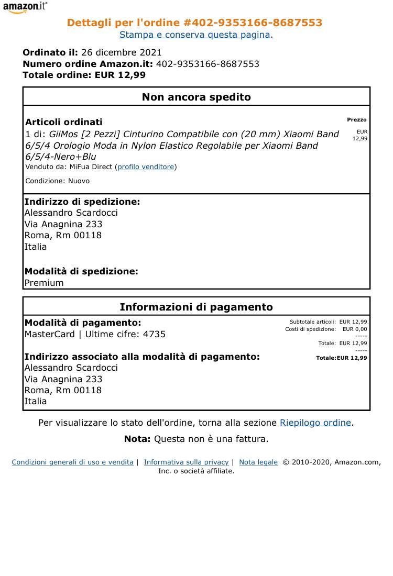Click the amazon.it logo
tap(25, 7)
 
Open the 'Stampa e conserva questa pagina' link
tap(196, 35)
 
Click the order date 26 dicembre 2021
tap(122, 52)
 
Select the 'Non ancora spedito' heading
tap(196, 97)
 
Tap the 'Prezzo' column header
tap(356, 120)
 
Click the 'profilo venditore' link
tap(146, 167)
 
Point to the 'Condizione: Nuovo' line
tap(58, 181)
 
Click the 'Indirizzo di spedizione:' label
tap(82, 202)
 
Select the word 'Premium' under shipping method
tap(44, 283)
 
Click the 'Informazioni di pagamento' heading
tap(196, 307)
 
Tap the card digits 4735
tap(154, 334)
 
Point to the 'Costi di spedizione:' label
tap(310, 329)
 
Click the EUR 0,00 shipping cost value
tap(355, 329)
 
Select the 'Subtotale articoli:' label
tap(312, 322)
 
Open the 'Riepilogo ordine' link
tap(315, 423)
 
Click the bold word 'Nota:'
tap(137, 439)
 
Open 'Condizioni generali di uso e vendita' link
tap(72, 462)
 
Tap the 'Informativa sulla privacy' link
tap(186, 462)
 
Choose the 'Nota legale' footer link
tap(258, 462)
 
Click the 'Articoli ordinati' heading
tap(64, 122)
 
